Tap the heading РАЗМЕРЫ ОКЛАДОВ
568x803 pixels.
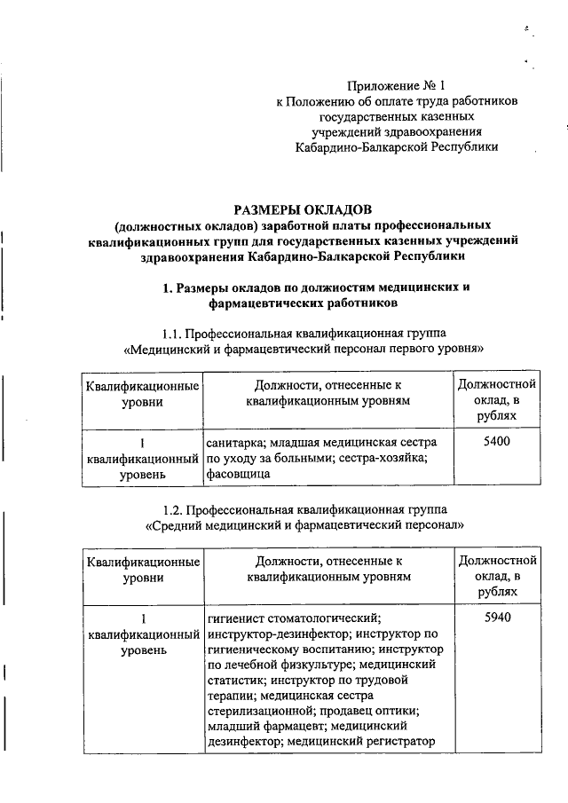(x=297, y=210)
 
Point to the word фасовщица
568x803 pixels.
(x=238, y=474)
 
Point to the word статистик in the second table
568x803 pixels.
(x=234, y=680)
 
